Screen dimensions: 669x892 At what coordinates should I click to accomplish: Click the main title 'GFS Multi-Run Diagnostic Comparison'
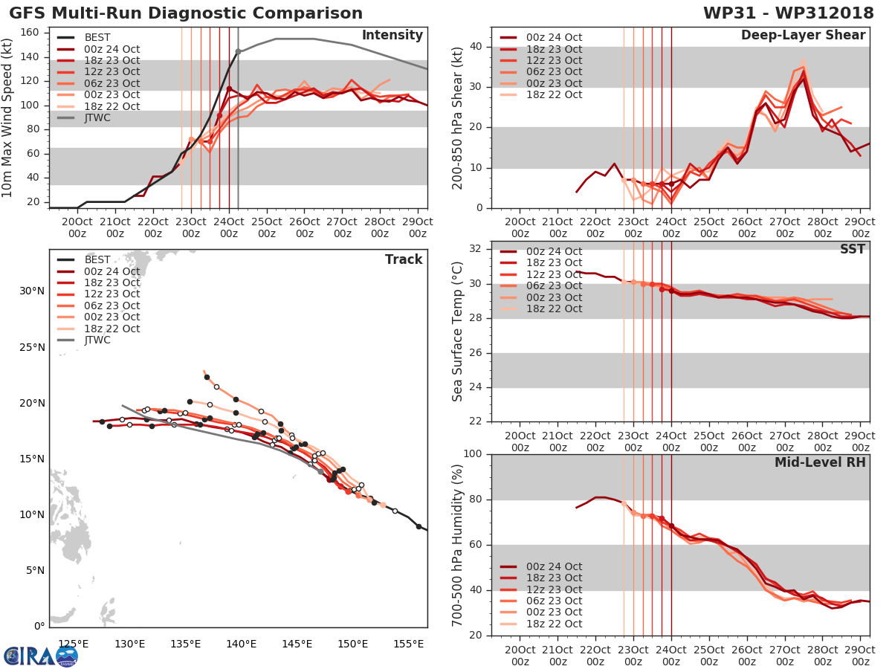click(186, 13)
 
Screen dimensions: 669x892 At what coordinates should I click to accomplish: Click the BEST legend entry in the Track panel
click(97, 259)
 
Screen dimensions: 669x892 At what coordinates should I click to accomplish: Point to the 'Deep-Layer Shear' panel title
click(803, 36)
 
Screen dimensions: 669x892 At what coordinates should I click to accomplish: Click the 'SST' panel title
click(853, 249)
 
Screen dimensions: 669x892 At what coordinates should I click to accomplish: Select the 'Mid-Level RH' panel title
click(820, 462)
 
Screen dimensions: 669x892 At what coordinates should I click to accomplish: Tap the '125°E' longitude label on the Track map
click(73, 644)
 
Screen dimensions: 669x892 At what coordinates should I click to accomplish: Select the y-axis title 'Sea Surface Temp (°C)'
click(458, 332)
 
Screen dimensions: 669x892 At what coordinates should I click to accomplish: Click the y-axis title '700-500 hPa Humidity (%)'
click(458, 545)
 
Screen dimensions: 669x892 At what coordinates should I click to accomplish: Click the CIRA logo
click(41, 656)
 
